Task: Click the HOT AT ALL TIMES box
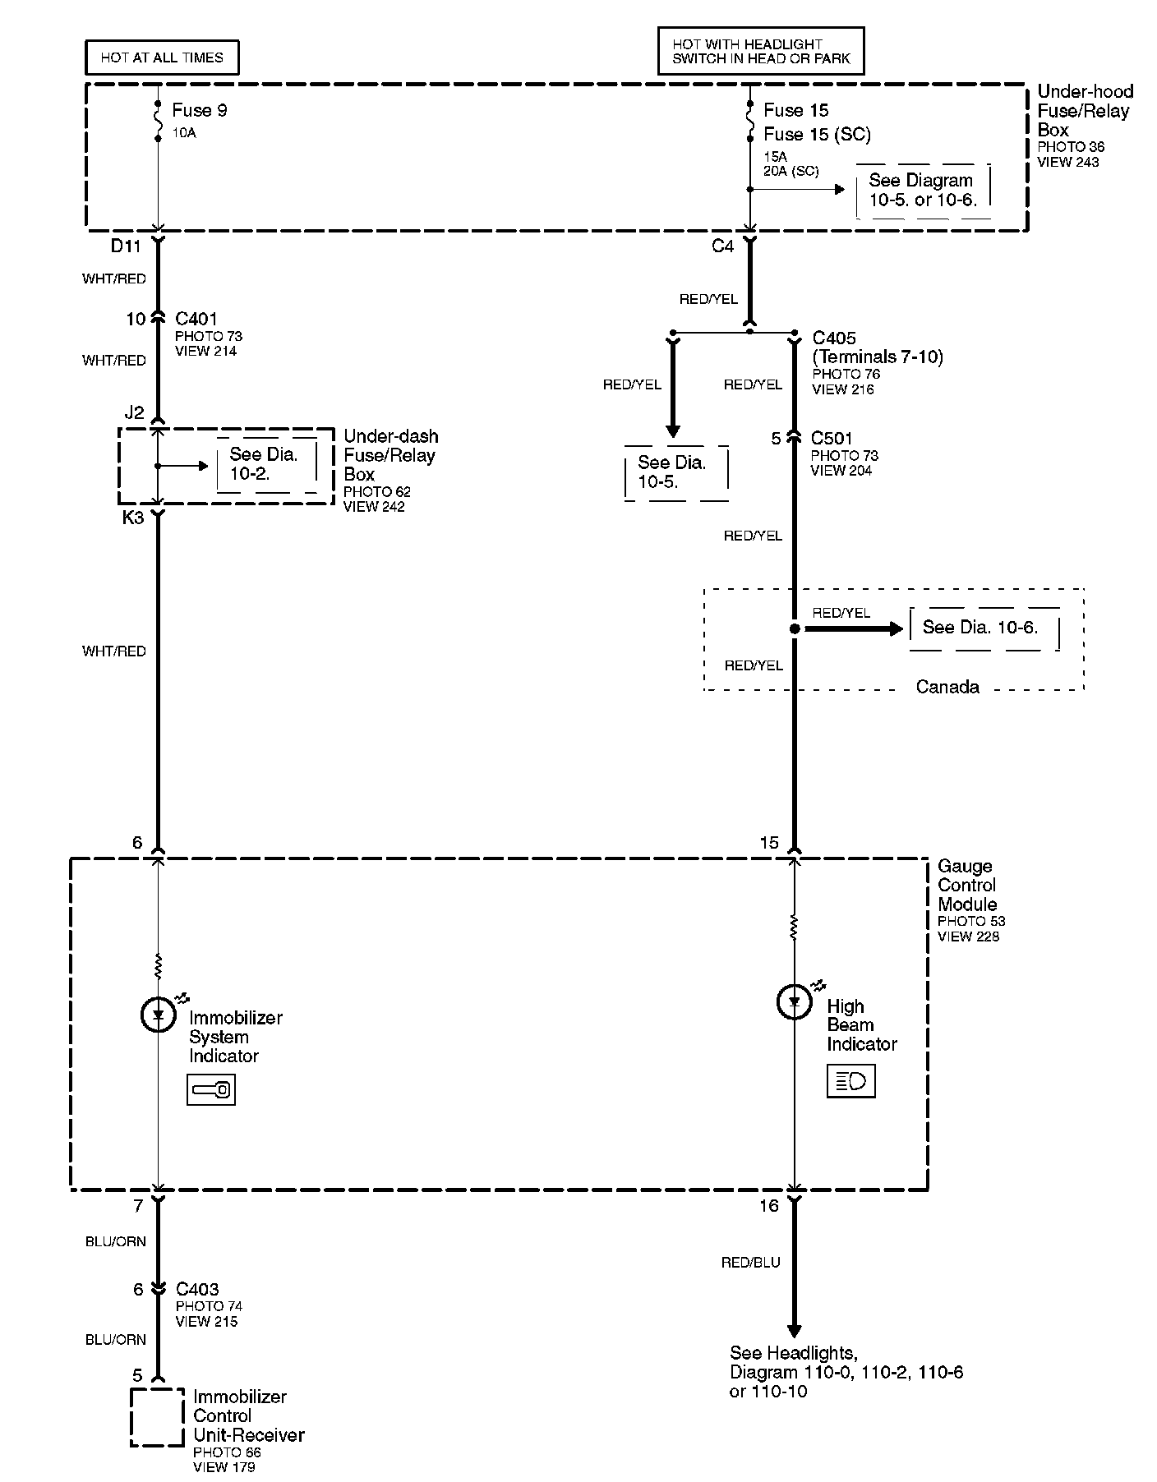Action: (x=162, y=58)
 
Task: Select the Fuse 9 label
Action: (x=200, y=110)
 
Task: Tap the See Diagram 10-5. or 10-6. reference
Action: (x=923, y=191)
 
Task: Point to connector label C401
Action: (x=197, y=319)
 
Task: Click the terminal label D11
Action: (x=126, y=246)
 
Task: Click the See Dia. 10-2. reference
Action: (x=266, y=465)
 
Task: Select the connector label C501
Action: (x=832, y=439)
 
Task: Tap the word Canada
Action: (x=947, y=687)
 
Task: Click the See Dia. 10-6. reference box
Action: (x=984, y=628)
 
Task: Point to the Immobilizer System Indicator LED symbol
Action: (x=158, y=1015)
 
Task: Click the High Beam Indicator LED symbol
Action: (x=794, y=1002)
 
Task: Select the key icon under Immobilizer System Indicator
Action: (x=211, y=1091)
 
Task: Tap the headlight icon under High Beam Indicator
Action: (x=851, y=1081)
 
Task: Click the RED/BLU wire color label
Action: (x=751, y=1263)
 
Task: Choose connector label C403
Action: (x=197, y=1290)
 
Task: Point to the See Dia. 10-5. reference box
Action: (x=676, y=473)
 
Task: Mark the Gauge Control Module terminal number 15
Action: (x=769, y=843)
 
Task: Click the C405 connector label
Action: (x=834, y=338)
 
